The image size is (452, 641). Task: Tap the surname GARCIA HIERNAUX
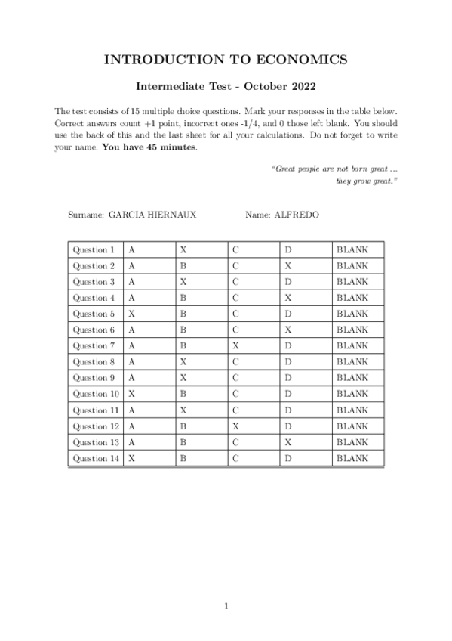point(152,215)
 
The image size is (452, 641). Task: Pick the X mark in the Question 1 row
point(183,249)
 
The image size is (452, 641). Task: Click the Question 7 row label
point(94,345)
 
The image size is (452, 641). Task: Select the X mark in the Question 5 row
point(132,314)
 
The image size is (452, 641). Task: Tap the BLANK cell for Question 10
point(352,394)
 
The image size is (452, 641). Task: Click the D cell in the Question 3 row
point(287,282)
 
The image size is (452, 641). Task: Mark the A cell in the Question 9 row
point(132,378)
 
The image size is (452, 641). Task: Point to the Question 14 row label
point(96,458)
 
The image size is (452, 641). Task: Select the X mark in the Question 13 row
point(287,442)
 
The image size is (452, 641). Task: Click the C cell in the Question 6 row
point(235,330)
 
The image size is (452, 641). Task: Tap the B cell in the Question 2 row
point(183,266)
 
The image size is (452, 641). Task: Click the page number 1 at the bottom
point(226,605)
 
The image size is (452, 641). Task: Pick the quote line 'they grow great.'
point(367,181)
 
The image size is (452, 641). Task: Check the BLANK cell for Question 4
point(352,298)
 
